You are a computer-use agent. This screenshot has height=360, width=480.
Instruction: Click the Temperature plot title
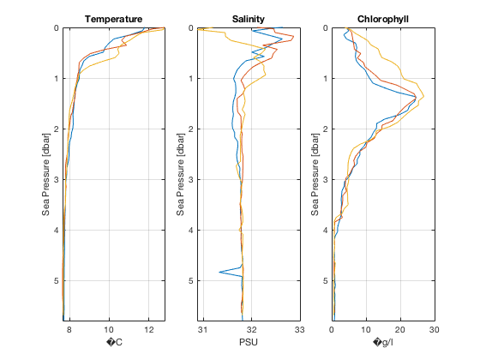coord(113,19)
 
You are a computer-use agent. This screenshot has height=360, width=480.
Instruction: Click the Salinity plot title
coord(249,19)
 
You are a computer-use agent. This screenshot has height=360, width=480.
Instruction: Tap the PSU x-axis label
coord(249,343)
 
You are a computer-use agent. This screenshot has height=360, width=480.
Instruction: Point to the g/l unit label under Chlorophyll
coord(383,343)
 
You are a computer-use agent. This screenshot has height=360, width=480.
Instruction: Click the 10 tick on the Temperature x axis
coord(109,329)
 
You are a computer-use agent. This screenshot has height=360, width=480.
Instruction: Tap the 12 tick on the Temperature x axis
coord(149,329)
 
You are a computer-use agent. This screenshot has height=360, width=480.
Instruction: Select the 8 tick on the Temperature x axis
coord(69,329)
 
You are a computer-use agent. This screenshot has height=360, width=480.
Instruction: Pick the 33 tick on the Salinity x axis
coord(299,329)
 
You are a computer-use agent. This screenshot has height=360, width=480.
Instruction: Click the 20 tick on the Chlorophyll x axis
coord(400,329)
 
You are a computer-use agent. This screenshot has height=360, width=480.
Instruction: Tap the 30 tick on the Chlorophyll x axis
coord(434,329)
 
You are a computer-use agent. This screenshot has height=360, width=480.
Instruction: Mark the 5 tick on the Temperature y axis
coord(56,280)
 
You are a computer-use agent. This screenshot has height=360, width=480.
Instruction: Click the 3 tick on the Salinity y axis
coord(190,179)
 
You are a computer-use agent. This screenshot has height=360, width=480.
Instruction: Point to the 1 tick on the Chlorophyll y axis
coord(326,79)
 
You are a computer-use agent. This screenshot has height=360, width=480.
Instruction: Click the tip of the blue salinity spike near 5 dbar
coord(219,273)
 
